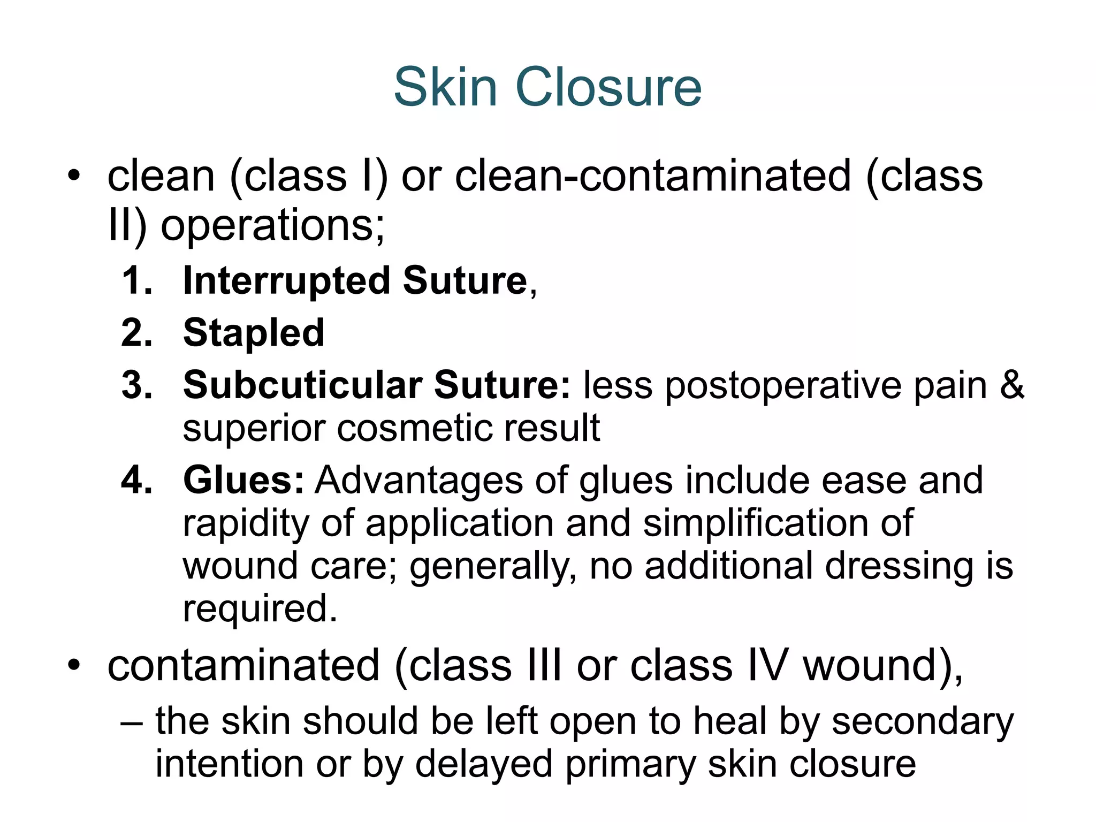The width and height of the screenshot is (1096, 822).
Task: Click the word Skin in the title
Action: [x=445, y=87]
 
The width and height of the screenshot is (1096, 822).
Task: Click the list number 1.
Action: [x=136, y=280]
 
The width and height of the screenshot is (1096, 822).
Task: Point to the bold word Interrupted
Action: [x=287, y=281]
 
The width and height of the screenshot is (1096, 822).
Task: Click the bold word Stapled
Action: [x=254, y=333]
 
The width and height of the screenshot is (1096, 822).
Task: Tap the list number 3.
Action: [x=136, y=385]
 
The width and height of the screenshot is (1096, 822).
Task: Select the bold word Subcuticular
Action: [x=303, y=385]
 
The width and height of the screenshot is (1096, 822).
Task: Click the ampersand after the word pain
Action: [x=1012, y=385]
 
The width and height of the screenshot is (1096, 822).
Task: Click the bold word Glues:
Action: [x=244, y=480]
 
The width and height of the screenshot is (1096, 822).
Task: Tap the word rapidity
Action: [x=246, y=523]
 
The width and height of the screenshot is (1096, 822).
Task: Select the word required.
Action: [x=260, y=609]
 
